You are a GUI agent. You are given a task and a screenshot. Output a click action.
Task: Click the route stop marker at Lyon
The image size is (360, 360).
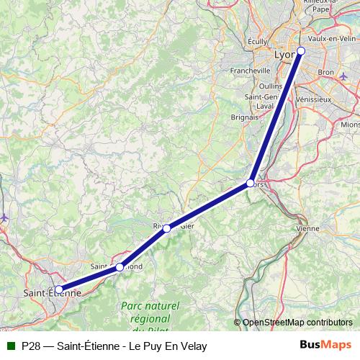coord(301,50)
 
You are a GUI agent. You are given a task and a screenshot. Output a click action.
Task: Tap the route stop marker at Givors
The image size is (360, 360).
coord(250,183)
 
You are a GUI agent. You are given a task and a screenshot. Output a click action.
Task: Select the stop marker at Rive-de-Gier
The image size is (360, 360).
coord(166,228)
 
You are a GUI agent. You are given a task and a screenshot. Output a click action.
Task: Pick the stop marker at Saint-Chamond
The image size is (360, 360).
coord(120,267)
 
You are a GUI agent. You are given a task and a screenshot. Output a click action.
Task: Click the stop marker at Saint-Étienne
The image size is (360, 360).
coord(58,290)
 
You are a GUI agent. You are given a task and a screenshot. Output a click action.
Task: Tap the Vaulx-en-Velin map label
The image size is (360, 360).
coord(331,39)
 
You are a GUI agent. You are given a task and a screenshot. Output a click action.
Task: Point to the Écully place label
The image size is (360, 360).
coord(256,42)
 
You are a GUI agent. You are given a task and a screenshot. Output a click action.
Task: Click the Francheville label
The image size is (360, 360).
coord(251,71)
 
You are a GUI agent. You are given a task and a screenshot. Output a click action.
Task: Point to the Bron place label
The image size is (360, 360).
coord(326,73)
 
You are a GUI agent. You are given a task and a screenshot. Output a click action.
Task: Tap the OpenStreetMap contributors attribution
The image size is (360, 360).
coord(293,323)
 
